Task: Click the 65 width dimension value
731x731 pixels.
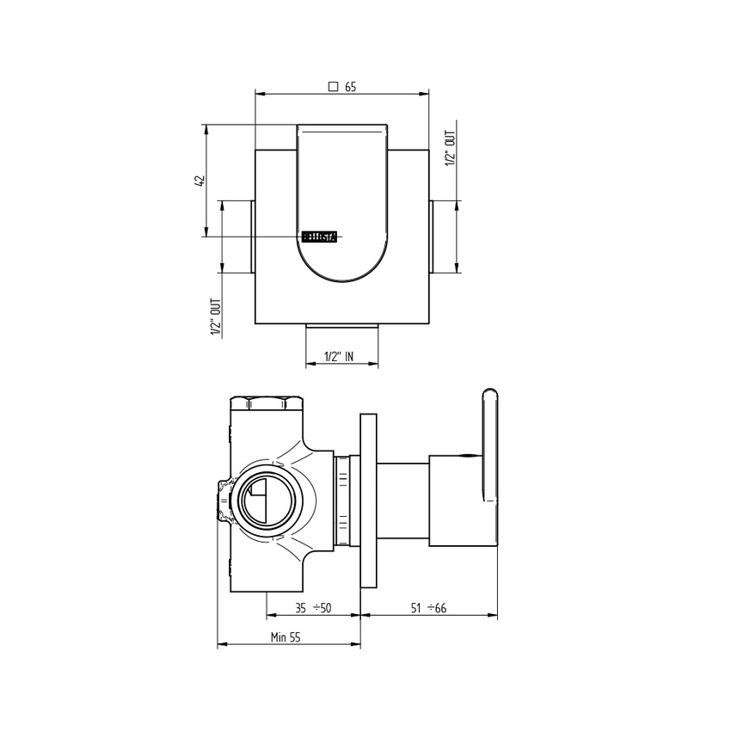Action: [x=351, y=86]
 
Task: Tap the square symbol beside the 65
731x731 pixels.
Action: [x=334, y=86]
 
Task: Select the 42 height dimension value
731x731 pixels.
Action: [x=200, y=181]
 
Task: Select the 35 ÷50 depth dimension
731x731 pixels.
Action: [x=313, y=609]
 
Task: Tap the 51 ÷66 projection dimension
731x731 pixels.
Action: [x=427, y=609]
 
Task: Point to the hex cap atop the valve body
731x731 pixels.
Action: [x=267, y=402]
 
